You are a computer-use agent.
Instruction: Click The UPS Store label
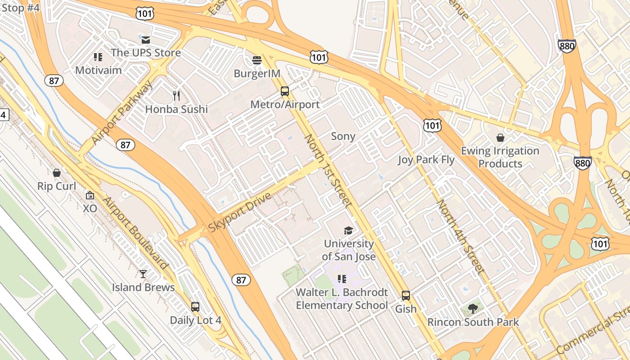146,53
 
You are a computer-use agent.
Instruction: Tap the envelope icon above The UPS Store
145,40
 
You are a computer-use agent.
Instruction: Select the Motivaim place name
99,70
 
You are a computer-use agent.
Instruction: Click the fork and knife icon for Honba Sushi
176,96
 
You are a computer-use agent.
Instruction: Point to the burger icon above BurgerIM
257,60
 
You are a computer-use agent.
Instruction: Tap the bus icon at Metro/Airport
285,91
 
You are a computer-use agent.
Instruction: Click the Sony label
343,136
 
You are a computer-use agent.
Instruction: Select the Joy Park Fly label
426,160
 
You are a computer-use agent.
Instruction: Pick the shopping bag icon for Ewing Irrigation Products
500,138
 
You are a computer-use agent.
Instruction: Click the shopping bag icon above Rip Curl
57,173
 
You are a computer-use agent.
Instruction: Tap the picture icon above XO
90,195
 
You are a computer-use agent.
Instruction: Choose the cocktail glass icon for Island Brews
143,274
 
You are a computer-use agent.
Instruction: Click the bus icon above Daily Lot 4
195,307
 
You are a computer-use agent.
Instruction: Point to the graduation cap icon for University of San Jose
349,231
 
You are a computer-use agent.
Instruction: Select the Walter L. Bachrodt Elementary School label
342,299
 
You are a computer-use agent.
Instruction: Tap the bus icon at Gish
406,296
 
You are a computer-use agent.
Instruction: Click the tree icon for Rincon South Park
472,309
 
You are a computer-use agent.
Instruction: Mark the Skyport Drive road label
240,212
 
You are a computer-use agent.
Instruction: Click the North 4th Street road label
461,237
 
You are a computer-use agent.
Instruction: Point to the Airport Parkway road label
122,112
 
